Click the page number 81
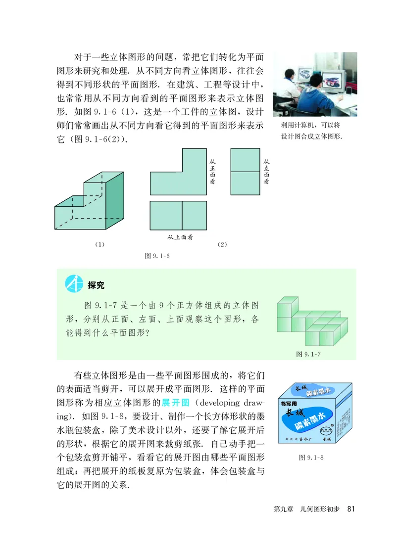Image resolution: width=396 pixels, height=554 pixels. tap(352, 509)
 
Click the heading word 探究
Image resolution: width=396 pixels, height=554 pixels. tap(96, 285)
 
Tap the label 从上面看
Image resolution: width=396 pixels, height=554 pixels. tap(179, 237)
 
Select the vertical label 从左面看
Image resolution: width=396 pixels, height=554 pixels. tap(266, 171)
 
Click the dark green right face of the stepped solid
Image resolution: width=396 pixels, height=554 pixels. tap(114, 200)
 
